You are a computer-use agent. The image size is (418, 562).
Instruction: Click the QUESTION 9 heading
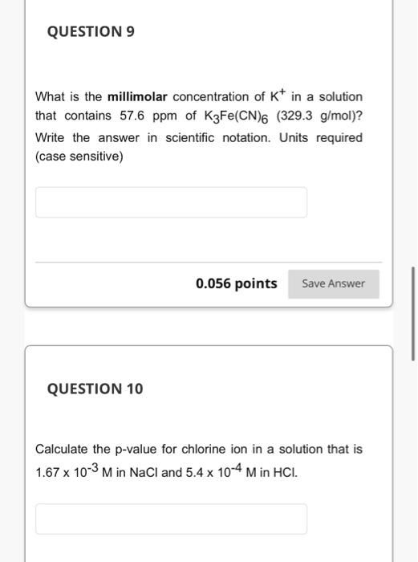click(x=91, y=32)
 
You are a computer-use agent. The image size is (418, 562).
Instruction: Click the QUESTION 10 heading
click(x=95, y=389)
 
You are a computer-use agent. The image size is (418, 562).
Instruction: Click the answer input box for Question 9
click(x=171, y=202)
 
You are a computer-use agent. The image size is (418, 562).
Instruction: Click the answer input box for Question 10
click(x=171, y=519)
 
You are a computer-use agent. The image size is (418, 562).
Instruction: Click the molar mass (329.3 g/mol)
click(x=320, y=116)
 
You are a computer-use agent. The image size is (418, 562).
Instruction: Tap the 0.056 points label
click(x=236, y=283)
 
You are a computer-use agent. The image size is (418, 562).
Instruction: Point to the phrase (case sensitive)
click(x=79, y=157)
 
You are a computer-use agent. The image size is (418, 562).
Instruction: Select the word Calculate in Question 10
click(x=62, y=449)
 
